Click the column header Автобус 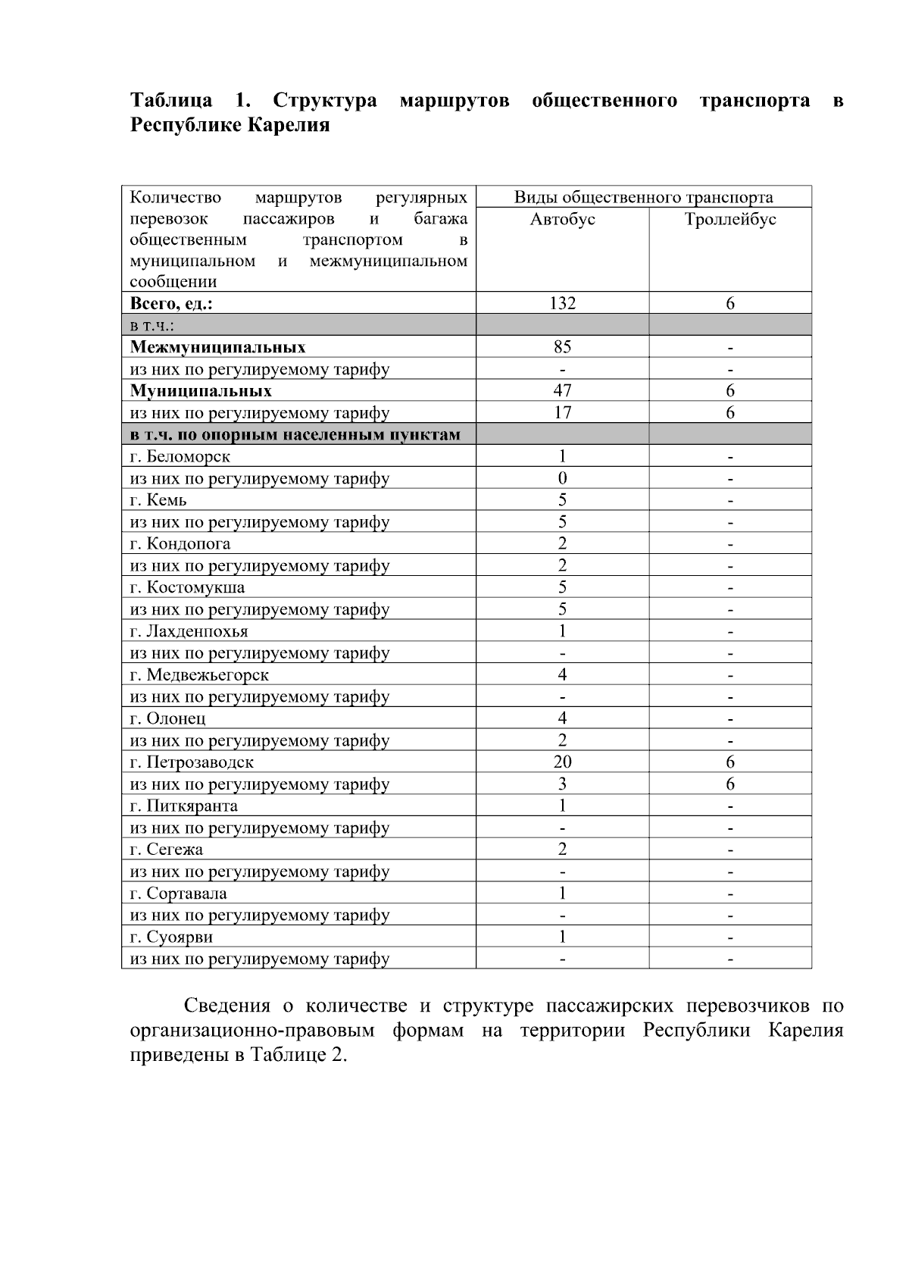pos(562,220)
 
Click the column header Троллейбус pos(729,220)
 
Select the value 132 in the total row pos(562,304)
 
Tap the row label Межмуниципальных pos(218,348)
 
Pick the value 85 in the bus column pos(562,347)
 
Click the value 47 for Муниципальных pos(562,391)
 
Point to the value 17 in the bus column pos(562,413)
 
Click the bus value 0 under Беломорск pos(562,478)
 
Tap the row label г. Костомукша pos(187,588)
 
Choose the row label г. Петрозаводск pos(192,763)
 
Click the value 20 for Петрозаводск pos(562,762)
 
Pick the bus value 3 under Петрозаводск pos(562,784)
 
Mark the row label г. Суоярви pos(171,937)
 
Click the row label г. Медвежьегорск pos(199,675)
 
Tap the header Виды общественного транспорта pos(643,198)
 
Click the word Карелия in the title pos(291,125)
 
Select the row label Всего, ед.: pos(171,304)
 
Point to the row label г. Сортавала pos(178,893)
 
